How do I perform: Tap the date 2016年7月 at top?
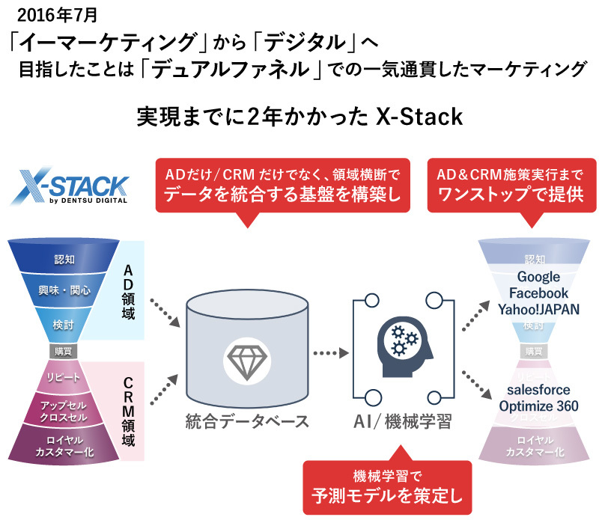click(58, 13)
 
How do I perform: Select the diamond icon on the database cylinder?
click(246, 360)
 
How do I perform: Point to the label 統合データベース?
click(246, 421)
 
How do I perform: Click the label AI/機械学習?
click(403, 421)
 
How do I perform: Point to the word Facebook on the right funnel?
click(537, 293)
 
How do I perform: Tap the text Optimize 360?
click(537, 405)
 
